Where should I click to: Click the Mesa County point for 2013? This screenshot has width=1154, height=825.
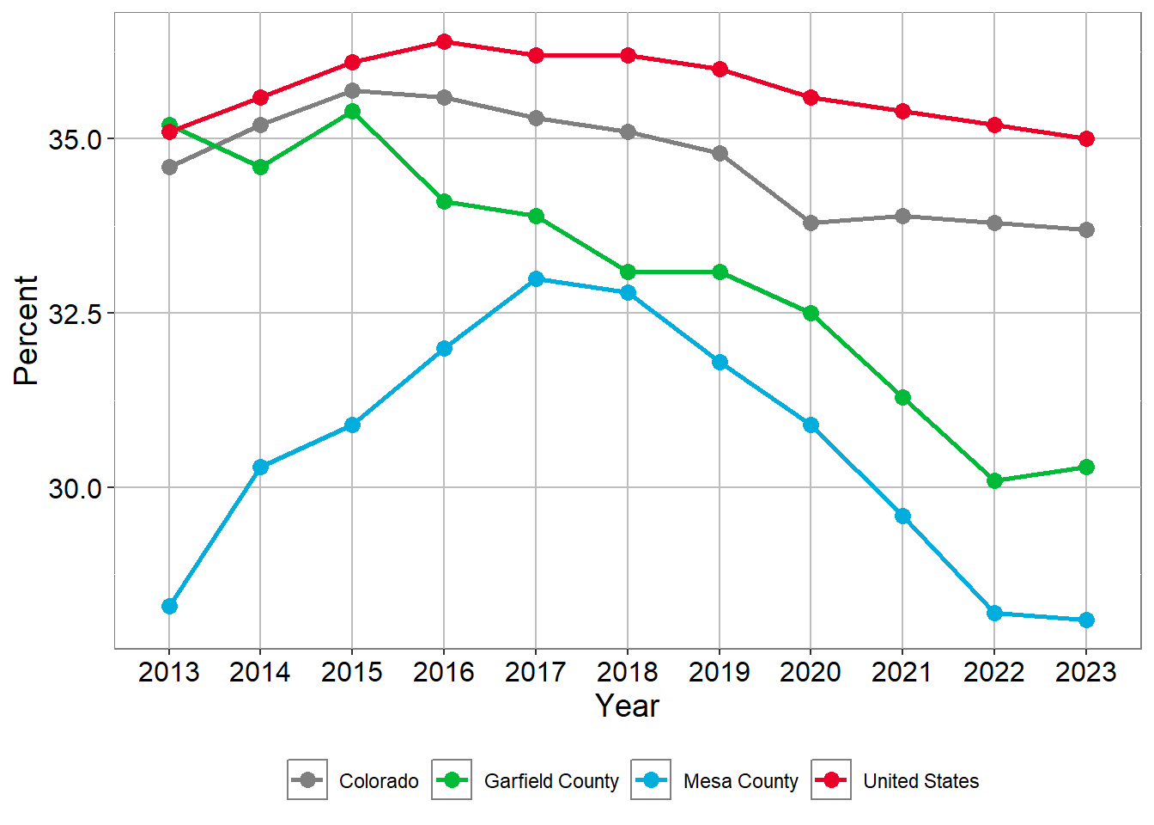[169, 607]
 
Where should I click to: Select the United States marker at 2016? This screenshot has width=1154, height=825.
[444, 42]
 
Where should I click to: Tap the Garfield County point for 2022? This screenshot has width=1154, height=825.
[994, 481]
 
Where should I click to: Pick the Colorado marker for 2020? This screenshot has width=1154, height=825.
[811, 223]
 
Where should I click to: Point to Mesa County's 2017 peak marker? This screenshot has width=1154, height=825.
[536, 279]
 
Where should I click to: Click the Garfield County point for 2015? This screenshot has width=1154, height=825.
[352, 112]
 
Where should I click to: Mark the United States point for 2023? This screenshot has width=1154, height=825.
[1086, 139]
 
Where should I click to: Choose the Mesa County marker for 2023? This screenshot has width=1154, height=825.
[1086, 620]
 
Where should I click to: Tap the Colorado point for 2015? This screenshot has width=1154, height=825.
[352, 91]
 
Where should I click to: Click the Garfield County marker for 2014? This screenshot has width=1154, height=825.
[260, 168]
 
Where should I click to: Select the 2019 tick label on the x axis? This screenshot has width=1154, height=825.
[720, 672]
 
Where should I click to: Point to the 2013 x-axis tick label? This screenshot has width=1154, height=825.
[169, 672]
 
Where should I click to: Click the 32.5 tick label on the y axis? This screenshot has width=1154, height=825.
[75, 314]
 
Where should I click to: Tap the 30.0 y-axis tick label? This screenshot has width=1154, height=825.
[75, 488]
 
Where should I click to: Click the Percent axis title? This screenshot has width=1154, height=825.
[27, 331]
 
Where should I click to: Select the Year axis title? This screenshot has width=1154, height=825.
[628, 706]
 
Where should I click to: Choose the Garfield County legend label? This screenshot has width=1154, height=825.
[551, 781]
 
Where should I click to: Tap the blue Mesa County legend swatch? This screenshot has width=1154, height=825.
[651, 780]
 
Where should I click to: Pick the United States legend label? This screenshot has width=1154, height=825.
[920, 781]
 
